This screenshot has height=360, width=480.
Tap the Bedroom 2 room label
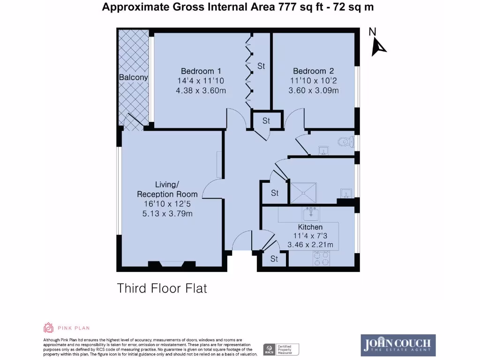coord(313,71)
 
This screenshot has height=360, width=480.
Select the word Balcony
coord(133,77)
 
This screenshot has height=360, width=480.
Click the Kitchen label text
coord(310,227)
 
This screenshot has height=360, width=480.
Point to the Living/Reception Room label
coord(167,189)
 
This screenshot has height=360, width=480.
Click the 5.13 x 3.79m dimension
coord(167,214)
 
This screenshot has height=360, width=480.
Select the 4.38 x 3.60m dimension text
coord(201,90)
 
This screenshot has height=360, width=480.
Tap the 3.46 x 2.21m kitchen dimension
coord(310,245)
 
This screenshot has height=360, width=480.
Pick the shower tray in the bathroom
coord(303,192)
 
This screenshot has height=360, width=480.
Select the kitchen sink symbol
coord(310,214)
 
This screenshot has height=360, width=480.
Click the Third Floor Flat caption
coord(162,288)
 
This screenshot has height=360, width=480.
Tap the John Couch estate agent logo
coord(398,345)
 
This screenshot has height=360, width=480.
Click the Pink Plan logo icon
coord(48,328)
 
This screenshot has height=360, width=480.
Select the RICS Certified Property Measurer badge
coord(281,349)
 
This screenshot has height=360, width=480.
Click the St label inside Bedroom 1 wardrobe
coord(261,66)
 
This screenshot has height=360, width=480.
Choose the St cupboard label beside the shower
coord(275,193)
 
